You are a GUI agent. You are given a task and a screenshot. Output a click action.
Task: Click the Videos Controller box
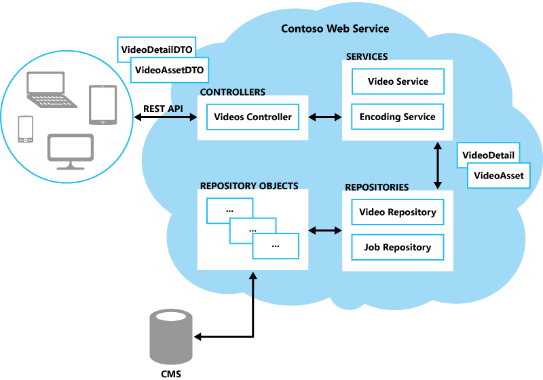point(252,117)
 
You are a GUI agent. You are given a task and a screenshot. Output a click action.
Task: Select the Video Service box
point(398,81)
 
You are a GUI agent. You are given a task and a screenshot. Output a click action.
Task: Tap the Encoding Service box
point(398,117)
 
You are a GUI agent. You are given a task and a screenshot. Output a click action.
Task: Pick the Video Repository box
point(398,212)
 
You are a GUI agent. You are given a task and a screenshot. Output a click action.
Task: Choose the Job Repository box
point(398,247)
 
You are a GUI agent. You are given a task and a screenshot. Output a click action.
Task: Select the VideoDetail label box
point(487,155)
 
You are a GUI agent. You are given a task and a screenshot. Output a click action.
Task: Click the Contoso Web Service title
point(335,28)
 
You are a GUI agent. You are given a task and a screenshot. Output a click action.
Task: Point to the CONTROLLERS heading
point(233,92)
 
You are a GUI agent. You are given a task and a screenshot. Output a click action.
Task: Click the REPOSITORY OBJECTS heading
point(249,185)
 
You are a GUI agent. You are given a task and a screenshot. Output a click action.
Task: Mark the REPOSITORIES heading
point(377,187)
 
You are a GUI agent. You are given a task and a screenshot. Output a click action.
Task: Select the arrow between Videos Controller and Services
point(325,117)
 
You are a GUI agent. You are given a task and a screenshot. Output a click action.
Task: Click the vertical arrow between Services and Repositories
point(438,165)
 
